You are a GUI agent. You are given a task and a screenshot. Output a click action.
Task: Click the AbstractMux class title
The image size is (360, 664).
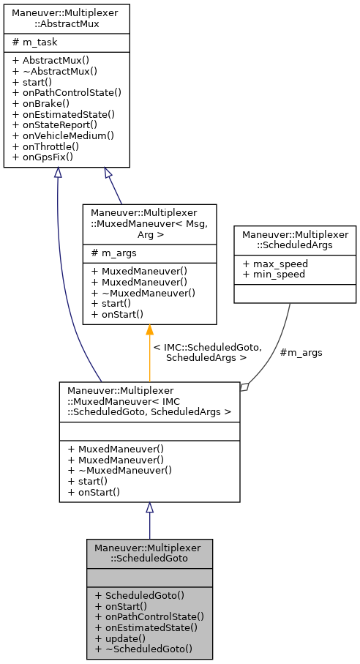(x=67, y=18)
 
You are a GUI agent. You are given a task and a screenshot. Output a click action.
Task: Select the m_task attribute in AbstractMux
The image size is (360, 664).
(x=37, y=42)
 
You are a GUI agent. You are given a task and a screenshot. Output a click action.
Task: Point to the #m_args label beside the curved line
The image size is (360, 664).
(x=301, y=352)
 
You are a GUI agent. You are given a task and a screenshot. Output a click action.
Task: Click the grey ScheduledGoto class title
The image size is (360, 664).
(x=149, y=553)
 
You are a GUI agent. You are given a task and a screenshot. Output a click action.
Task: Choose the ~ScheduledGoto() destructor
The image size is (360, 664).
(x=143, y=648)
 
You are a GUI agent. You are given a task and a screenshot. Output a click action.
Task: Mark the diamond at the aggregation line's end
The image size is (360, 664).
(x=245, y=387)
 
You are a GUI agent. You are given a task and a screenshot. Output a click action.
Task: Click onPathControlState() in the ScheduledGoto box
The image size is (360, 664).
(x=149, y=616)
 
